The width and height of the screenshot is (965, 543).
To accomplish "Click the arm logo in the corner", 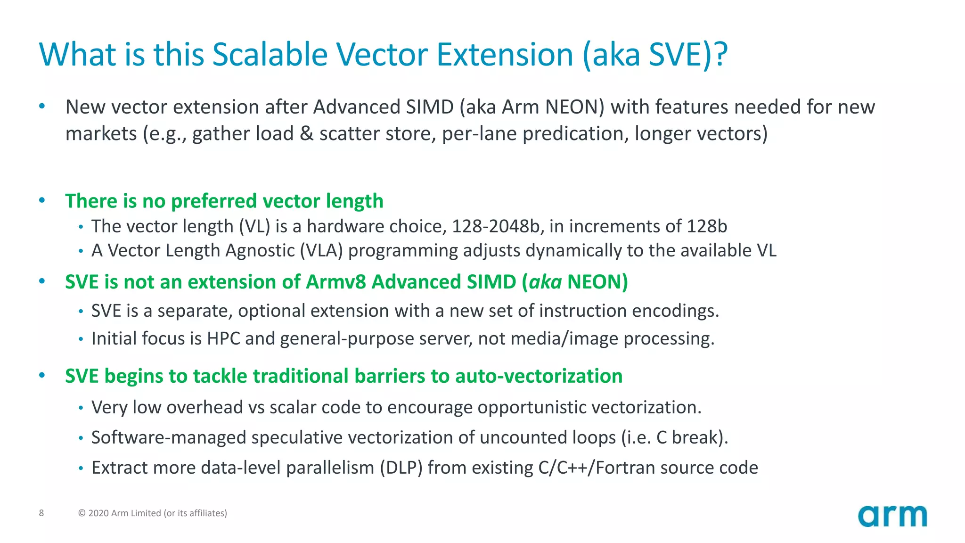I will tap(892, 516).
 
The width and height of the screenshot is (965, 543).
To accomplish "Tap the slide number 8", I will tap(41, 513).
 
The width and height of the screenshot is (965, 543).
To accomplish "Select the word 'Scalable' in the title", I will tap(270, 54).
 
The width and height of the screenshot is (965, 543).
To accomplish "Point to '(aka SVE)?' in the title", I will tap(655, 55).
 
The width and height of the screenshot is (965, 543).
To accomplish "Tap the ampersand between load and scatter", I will tap(306, 134).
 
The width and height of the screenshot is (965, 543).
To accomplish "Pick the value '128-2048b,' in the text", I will tap(498, 227).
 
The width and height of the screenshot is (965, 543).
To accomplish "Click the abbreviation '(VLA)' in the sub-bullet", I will tap(321, 251).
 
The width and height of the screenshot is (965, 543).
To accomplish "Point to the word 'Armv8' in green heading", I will tap(335, 282).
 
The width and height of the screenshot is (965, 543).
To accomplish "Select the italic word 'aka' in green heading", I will tap(545, 282).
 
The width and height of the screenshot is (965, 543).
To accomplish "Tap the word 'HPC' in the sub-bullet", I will tap(223, 339).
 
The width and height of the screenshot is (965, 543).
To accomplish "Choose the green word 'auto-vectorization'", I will tap(539, 376).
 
